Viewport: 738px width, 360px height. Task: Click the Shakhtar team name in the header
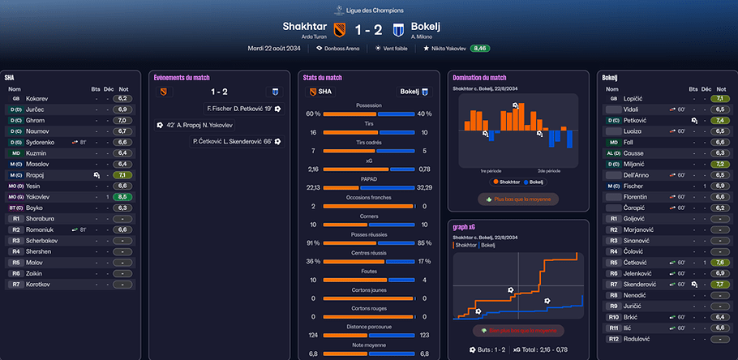pyautogui.click(x=304, y=26)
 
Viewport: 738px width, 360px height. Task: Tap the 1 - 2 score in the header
pyautogui.click(x=367, y=29)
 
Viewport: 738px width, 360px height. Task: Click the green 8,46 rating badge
pyautogui.click(x=480, y=49)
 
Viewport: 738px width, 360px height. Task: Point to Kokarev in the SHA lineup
pyautogui.click(x=36, y=98)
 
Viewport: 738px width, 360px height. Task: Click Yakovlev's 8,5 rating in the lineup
pyautogui.click(x=124, y=197)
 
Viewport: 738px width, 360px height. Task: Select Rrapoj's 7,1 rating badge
pyautogui.click(x=124, y=175)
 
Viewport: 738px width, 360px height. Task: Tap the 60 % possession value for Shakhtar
pyautogui.click(x=312, y=114)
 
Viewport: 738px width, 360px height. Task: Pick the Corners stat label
pyautogui.click(x=368, y=216)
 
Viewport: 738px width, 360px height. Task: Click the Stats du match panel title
pyautogui.click(x=322, y=78)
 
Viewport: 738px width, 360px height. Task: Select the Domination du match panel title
pyautogui.click(x=479, y=78)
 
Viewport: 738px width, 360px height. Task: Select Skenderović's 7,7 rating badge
pyautogui.click(x=719, y=285)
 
